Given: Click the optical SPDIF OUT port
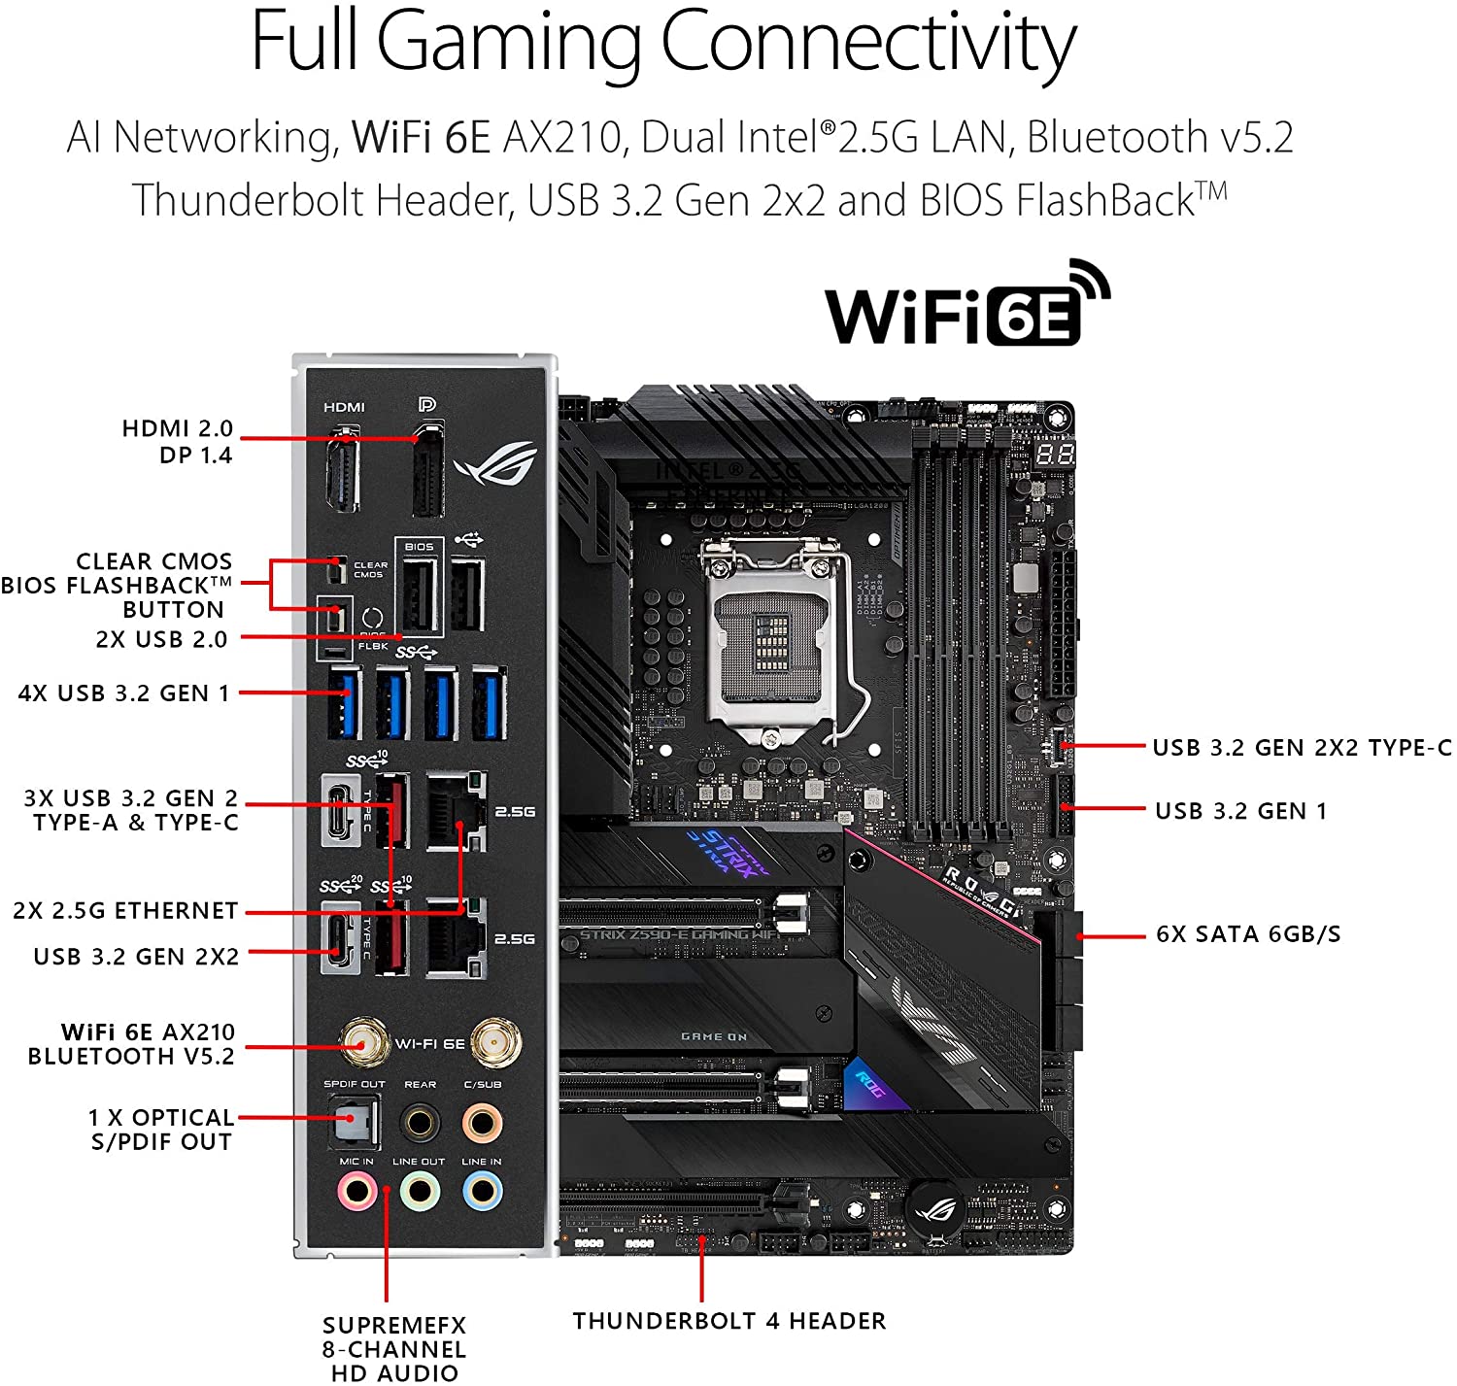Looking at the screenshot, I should pos(353,1122).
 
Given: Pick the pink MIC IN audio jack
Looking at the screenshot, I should pos(356,1191).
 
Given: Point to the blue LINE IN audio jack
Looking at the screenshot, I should pos(482,1191).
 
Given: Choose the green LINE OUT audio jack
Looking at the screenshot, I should pos(420,1191).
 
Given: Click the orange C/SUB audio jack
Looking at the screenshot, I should pos(482,1123).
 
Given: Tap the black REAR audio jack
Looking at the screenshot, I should pos(420,1123).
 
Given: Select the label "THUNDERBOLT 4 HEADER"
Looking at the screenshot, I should pos(728,1321).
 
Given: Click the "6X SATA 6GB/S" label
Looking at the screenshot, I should pos(1248,934).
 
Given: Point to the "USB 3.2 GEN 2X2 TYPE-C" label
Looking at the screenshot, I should pos(1302,748).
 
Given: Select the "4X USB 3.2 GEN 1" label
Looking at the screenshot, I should pos(124,693).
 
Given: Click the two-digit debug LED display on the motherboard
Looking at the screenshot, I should pos(1054,454).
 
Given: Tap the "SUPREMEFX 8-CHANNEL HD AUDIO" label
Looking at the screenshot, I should pos(394,1349).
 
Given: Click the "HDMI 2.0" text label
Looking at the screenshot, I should pos(178,428).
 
